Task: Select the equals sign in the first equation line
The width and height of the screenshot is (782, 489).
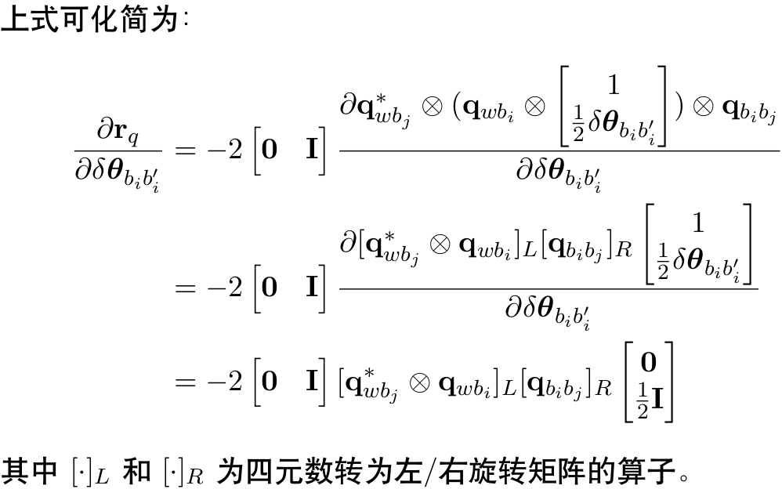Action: coord(184,149)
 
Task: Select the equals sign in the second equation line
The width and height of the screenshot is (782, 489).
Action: coord(184,288)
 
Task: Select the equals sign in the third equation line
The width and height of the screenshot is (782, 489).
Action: coord(184,382)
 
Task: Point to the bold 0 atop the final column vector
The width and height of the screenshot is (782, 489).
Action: coord(648,362)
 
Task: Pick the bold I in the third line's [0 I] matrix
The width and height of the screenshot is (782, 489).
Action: coord(312,382)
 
